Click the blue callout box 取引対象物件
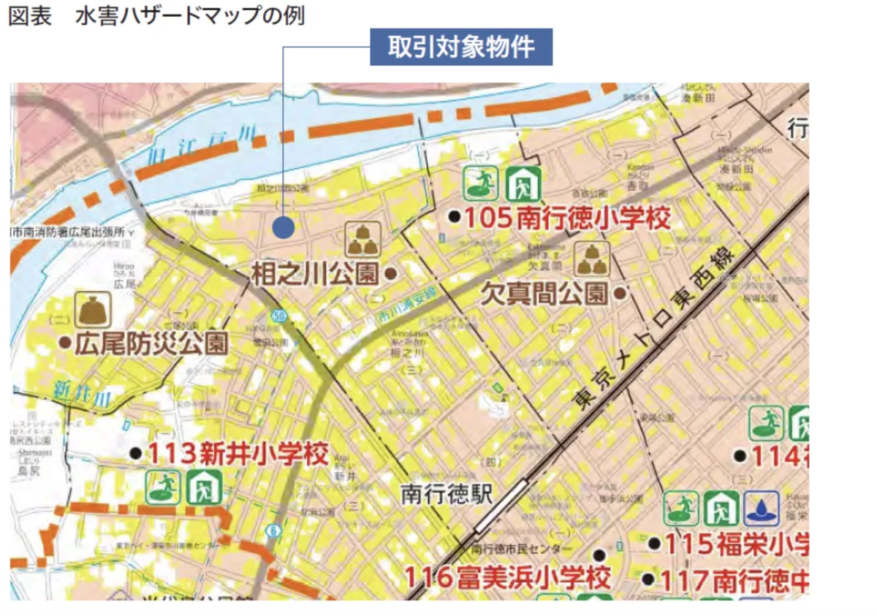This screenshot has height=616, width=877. (x=460, y=47)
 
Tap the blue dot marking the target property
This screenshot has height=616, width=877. (x=283, y=227)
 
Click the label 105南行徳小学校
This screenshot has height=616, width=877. (x=568, y=217)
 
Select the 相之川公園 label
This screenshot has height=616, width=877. (x=316, y=274)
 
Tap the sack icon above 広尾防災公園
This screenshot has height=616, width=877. (x=93, y=310)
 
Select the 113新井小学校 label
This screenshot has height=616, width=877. (x=238, y=454)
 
